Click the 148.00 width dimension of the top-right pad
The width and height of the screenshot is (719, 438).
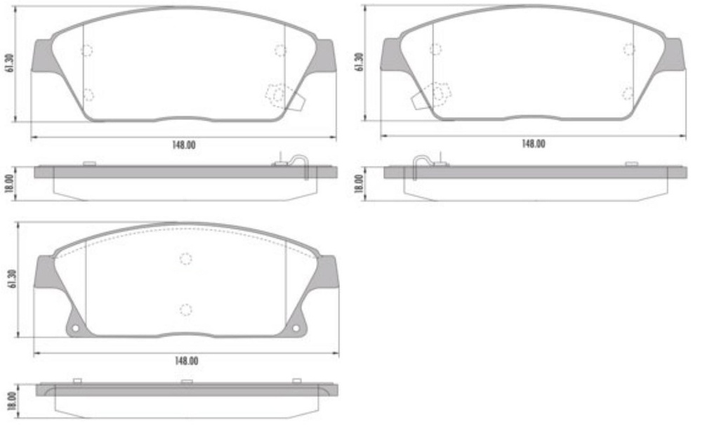click(x=533, y=143)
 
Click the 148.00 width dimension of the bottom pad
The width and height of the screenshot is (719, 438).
click(x=185, y=360)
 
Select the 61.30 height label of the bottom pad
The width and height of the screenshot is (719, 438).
click(x=11, y=279)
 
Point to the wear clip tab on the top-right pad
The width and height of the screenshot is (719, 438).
click(x=421, y=100)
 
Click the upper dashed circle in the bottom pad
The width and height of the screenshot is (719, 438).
click(x=185, y=258)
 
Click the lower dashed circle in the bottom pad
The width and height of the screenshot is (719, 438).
click(x=185, y=310)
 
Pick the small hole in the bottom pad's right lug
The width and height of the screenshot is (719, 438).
click(x=296, y=328)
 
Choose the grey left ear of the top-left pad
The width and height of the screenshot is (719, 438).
click(x=44, y=55)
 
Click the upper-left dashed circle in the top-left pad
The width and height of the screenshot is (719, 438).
click(x=87, y=51)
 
